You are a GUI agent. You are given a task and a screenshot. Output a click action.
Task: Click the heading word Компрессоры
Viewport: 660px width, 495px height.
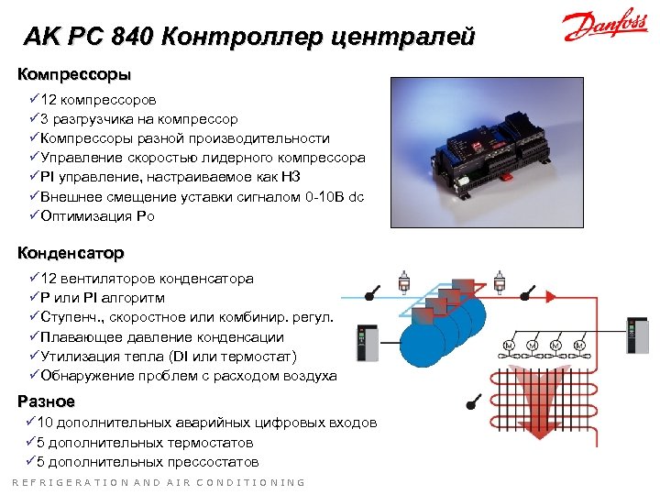[74, 73]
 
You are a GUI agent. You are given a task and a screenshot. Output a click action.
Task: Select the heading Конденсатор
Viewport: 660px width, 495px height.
[71, 253]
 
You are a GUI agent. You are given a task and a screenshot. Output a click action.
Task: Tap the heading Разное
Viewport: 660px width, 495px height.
[47, 401]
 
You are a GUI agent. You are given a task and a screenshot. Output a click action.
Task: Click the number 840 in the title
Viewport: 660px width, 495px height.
[129, 38]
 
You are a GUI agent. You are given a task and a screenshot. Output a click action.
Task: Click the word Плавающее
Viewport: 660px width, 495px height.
[82, 336]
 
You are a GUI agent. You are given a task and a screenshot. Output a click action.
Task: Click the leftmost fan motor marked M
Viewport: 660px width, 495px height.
[510, 346]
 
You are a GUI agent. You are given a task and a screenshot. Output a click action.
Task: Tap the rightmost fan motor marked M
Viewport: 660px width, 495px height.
[579, 346]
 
